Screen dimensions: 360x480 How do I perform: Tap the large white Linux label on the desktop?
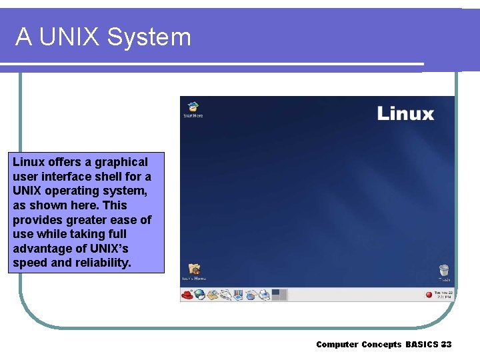[405, 113]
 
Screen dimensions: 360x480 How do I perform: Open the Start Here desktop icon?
[193, 107]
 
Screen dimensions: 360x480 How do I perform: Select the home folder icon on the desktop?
[194, 270]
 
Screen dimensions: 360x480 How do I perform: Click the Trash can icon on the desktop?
[444, 271]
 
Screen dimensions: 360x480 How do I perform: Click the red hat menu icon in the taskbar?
[187, 294]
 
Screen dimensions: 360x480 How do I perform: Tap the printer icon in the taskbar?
[265, 294]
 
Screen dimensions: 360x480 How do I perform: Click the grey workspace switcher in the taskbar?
[279, 294]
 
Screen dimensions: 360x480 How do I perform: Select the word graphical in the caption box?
[121, 162]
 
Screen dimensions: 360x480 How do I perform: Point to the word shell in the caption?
[101, 177]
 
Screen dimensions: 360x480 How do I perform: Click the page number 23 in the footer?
[446, 345]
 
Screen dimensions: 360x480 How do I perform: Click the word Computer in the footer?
[337, 345]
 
